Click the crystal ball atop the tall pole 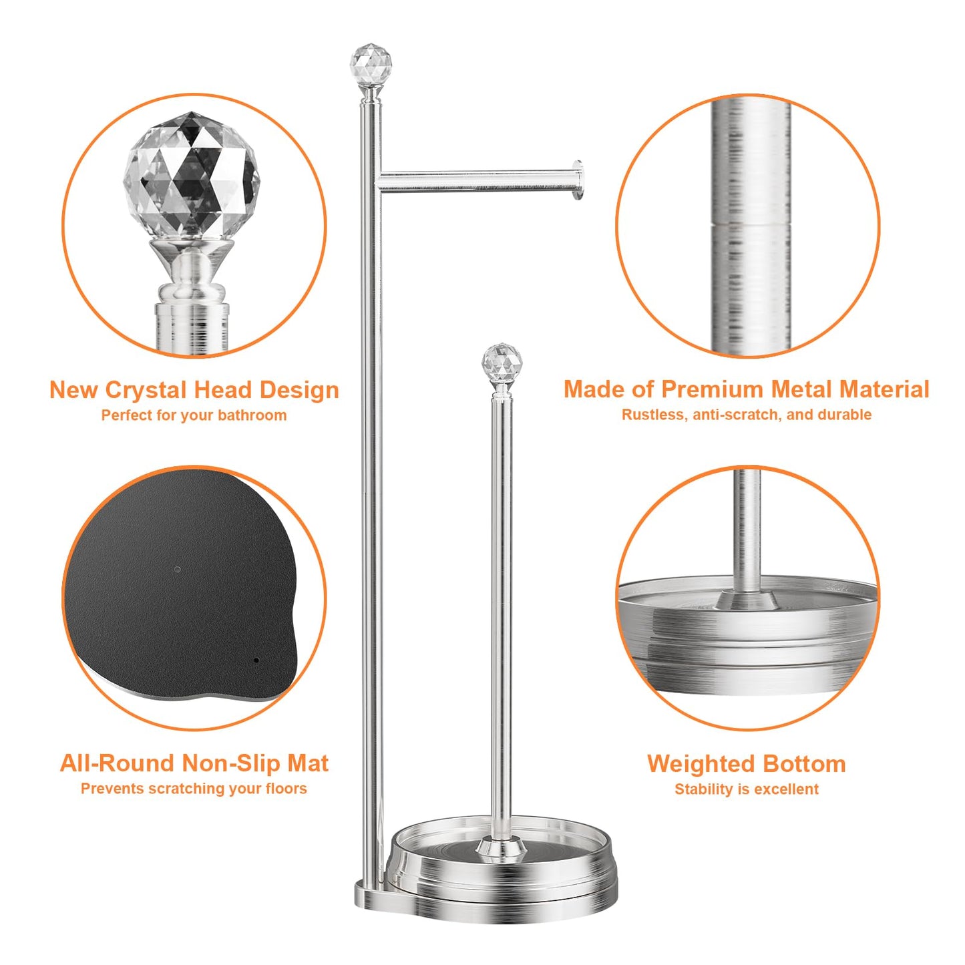point(371,65)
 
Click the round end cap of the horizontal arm point(578,180)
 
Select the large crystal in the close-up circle point(192,175)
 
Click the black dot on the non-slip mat point(256,660)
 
